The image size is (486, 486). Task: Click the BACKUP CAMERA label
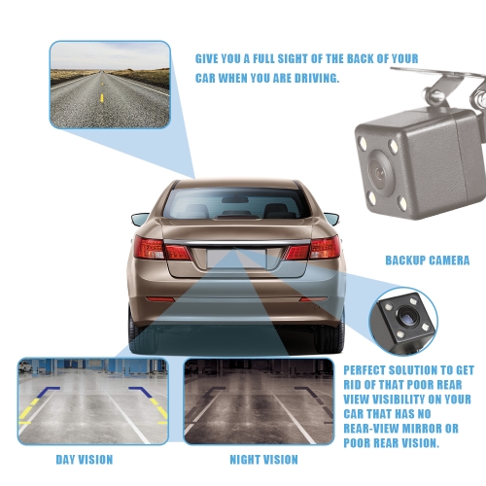(428, 260)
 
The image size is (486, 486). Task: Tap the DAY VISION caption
(85, 460)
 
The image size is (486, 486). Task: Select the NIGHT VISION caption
(263, 460)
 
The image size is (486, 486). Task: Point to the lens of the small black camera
(406, 317)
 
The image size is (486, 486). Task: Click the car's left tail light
(162, 248)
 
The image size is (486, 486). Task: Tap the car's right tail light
(313, 248)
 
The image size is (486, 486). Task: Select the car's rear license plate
(236, 259)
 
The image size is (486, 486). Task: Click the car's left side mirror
(140, 219)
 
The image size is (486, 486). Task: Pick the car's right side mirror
(331, 219)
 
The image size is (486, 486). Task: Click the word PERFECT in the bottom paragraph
(364, 370)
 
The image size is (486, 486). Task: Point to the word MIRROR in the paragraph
(417, 429)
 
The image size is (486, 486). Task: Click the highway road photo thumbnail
(110, 85)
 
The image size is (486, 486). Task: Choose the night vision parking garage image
(259, 401)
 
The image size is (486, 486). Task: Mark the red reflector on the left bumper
(160, 298)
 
